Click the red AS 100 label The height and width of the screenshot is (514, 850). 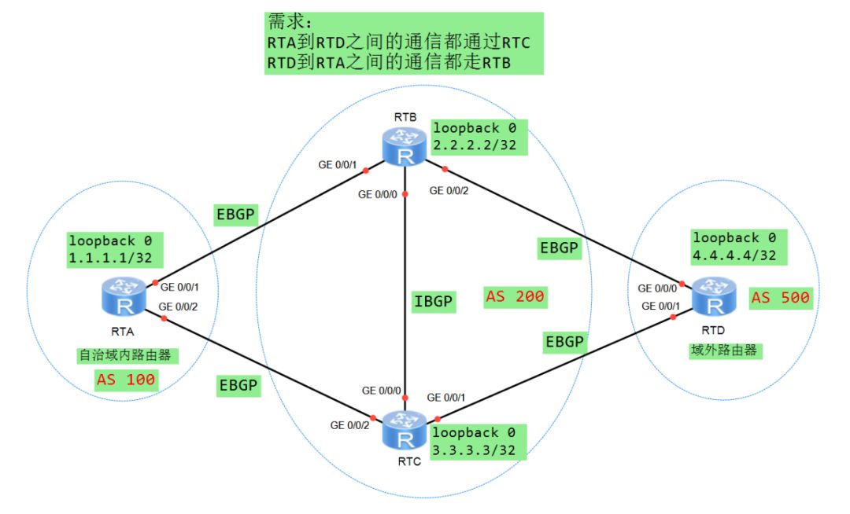click(x=126, y=380)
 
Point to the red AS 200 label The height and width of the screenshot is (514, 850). click(x=516, y=297)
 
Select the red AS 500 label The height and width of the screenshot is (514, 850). click(x=780, y=298)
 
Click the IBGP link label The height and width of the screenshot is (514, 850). click(x=434, y=300)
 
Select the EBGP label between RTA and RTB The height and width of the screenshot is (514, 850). click(x=236, y=215)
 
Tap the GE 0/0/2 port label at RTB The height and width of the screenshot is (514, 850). click(x=451, y=189)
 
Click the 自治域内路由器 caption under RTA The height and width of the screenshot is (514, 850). click(x=124, y=355)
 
